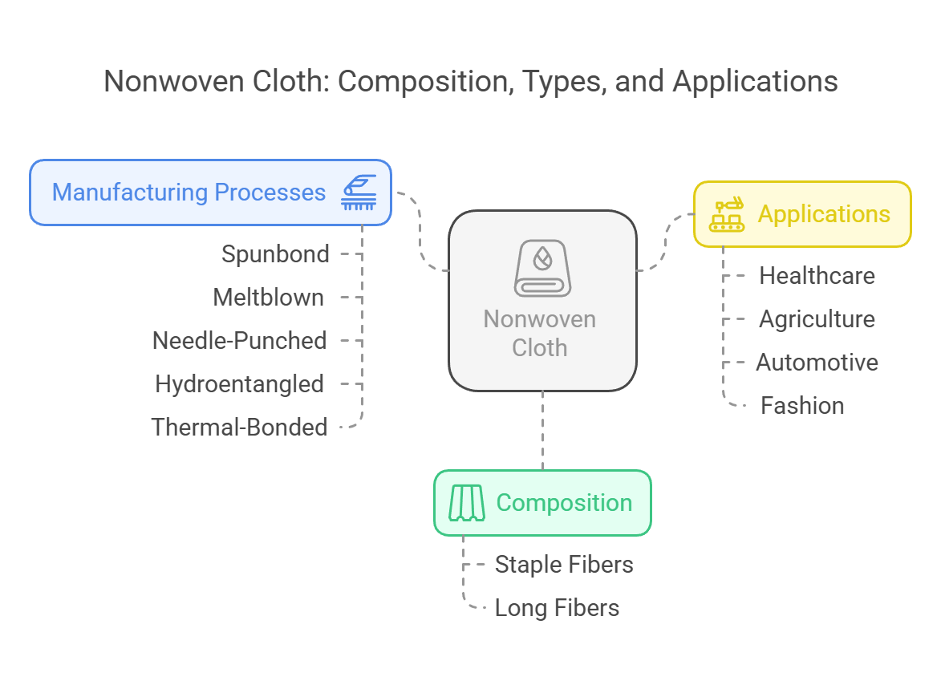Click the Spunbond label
(275, 254)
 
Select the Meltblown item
(268, 298)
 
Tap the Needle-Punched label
(239, 341)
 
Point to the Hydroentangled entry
(239, 384)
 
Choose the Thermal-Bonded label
(239, 428)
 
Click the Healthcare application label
(817, 276)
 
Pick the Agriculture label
(817, 319)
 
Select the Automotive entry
(817, 363)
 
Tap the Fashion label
(802, 406)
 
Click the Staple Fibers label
(564, 565)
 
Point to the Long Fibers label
(557, 608)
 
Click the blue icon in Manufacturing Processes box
(359, 193)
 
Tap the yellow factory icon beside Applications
(727, 214)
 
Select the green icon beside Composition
(467, 503)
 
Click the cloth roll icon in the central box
(542, 268)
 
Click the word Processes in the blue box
(270, 193)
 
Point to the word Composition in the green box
(564, 503)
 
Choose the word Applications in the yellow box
(824, 214)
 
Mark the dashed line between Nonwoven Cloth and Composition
(542, 430)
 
